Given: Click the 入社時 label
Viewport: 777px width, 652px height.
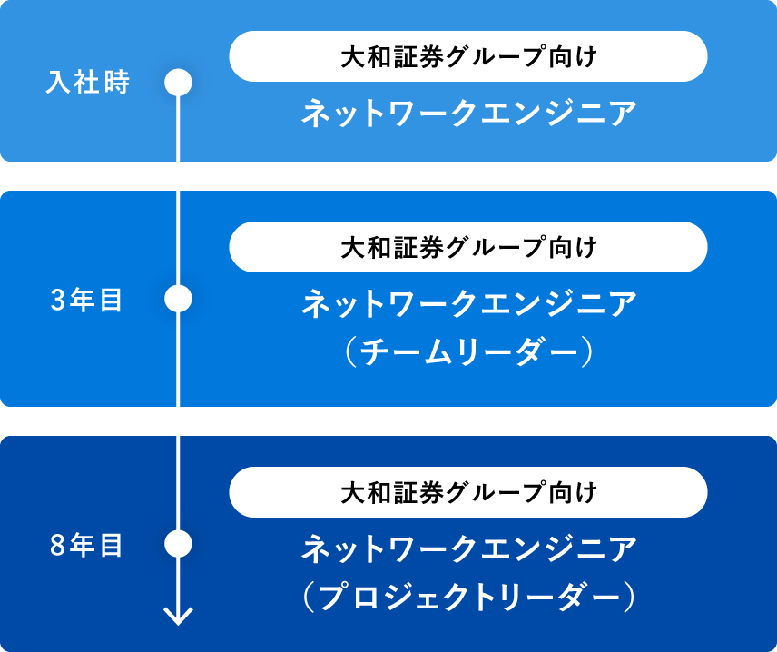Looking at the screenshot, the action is [x=88, y=82].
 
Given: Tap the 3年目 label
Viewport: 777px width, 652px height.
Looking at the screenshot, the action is [x=86, y=300].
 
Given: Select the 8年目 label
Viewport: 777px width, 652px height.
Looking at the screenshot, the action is [x=86, y=545].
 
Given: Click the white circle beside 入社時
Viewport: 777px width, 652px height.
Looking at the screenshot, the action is [x=178, y=83].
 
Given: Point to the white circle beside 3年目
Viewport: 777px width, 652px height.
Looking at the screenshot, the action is [x=178, y=299].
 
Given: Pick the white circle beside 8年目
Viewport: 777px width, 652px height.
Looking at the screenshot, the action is [x=178, y=543].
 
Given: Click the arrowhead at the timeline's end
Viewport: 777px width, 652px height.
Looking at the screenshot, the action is [x=179, y=617].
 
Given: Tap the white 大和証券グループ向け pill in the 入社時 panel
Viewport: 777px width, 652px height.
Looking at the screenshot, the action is [x=468, y=56].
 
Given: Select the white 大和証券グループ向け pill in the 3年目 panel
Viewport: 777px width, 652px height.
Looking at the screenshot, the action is [x=468, y=247].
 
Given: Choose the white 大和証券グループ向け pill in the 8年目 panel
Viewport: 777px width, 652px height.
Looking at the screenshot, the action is [x=468, y=492].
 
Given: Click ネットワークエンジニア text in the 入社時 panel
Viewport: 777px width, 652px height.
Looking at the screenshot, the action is [x=469, y=113].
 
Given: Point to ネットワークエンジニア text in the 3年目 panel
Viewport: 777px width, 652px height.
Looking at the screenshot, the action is [x=469, y=303].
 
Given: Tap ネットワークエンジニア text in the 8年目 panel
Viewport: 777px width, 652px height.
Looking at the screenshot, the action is [x=469, y=548].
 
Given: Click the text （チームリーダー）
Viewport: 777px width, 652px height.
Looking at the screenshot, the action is [x=468, y=351].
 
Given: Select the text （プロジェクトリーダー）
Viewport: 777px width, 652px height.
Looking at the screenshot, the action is [x=468, y=597].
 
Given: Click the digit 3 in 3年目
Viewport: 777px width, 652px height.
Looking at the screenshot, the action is [x=57, y=301].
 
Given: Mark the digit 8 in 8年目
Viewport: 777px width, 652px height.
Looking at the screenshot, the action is [x=57, y=546].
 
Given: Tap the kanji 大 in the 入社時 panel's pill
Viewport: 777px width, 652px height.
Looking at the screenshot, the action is [x=353, y=56].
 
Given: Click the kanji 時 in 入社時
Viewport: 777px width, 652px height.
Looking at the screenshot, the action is [x=117, y=82].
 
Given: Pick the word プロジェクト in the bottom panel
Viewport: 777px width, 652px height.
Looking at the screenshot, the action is [x=419, y=597].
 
